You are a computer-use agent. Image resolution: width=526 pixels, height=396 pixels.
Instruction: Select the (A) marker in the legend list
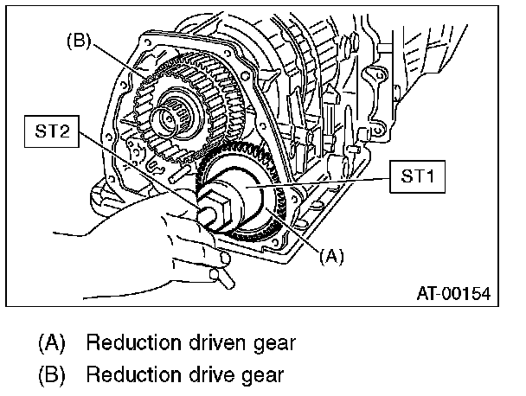click(53, 342)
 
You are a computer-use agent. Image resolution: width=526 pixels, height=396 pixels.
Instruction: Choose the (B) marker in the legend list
click(53, 375)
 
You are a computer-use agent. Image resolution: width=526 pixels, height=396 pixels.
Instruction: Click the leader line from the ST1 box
click(329, 183)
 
